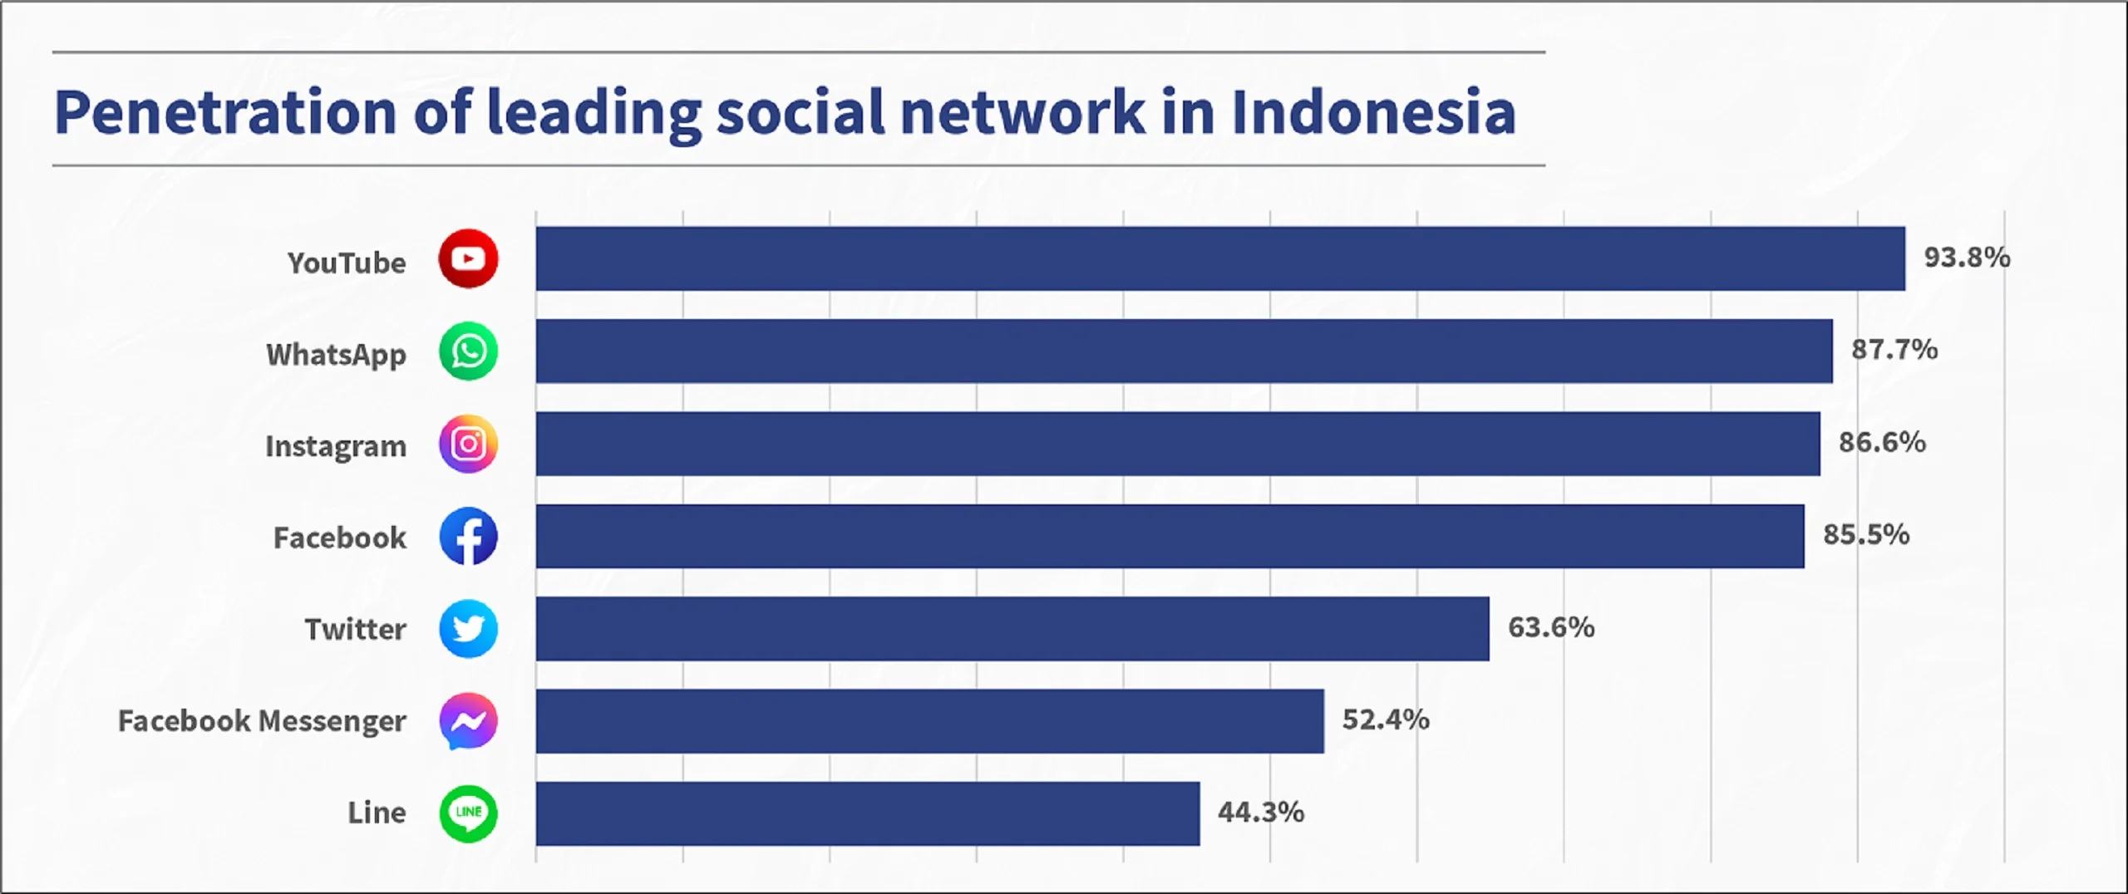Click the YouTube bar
pyautogui.click(x=1220, y=258)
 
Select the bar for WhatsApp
pyautogui.click(x=1185, y=351)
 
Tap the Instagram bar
pyautogui.click(x=1178, y=444)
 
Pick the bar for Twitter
pyautogui.click(x=1012, y=629)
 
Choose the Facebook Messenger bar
pyautogui.click(x=930, y=721)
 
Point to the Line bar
pyautogui.click(x=868, y=813)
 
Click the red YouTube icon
pyautogui.click(x=469, y=258)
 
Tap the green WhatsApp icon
pyautogui.click(x=469, y=351)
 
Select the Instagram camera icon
pyautogui.click(x=469, y=444)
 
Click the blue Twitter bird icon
pyautogui.click(x=469, y=629)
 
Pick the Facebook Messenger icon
pyautogui.click(x=469, y=721)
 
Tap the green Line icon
pyautogui.click(x=469, y=813)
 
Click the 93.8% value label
pyautogui.click(x=1967, y=258)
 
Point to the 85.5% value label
pyautogui.click(x=1866, y=534)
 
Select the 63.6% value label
pyautogui.click(x=1551, y=627)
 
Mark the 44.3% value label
pyautogui.click(x=1261, y=812)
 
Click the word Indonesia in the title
pyautogui.click(x=1373, y=112)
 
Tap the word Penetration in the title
pyautogui.click(x=225, y=112)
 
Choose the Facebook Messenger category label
pyautogui.click(x=262, y=721)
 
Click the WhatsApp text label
pyautogui.click(x=337, y=355)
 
